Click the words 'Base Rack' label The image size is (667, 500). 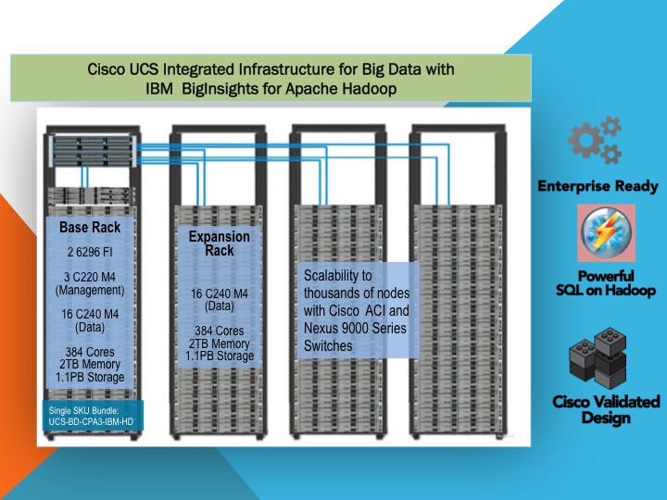pos(90,227)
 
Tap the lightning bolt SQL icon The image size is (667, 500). pos(606,233)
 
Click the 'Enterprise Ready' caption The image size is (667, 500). pos(598,186)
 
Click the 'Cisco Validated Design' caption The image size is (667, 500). pos(606,410)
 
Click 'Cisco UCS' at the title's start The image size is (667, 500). pos(120,69)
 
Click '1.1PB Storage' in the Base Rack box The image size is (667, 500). pos(90,377)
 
